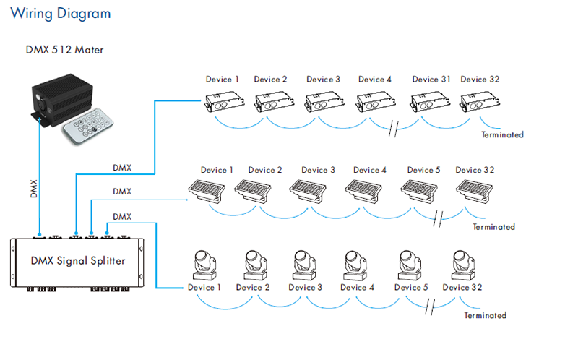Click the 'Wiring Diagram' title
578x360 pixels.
point(61,14)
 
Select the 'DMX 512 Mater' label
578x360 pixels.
point(64,50)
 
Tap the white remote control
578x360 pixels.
point(88,127)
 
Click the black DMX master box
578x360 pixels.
point(61,100)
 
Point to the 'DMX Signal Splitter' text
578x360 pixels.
point(78,261)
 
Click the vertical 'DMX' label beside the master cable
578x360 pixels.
point(34,189)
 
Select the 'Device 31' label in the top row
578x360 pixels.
point(431,80)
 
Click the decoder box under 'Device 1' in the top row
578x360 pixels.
point(225,102)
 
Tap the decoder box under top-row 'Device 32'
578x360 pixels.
point(480,102)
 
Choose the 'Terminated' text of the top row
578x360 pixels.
point(502,134)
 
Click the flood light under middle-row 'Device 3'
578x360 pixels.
point(309,191)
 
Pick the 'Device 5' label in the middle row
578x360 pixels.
point(423,170)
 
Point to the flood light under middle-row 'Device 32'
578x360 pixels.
point(475,191)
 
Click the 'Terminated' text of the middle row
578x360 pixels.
point(494,227)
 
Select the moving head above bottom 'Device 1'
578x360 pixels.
point(204,265)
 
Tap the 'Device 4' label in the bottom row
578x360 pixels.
point(357,287)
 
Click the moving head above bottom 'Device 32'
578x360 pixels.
point(463,265)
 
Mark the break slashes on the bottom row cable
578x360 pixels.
point(430,307)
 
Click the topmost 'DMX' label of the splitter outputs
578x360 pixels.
point(122,168)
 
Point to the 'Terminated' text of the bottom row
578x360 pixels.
point(485,315)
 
